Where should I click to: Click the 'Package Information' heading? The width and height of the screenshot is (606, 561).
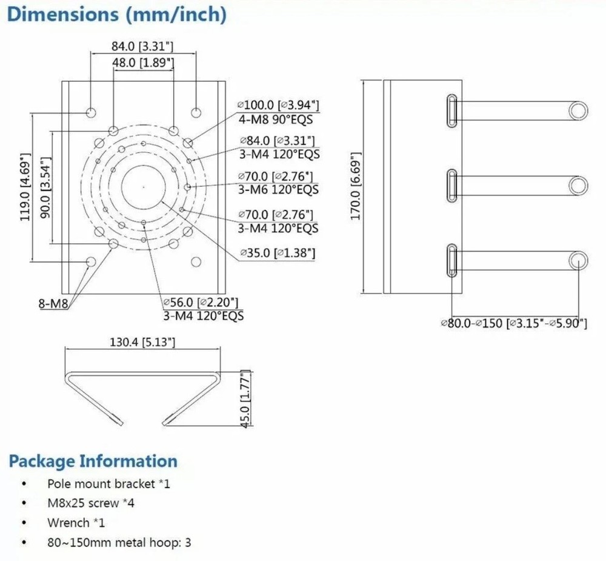[x=93, y=461]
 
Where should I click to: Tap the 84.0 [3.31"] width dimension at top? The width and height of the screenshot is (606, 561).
[x=143, y=46]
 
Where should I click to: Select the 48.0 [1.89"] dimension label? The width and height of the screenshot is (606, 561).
[x=144, y=62]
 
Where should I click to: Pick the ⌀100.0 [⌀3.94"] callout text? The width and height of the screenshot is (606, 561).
[x=278, y=106]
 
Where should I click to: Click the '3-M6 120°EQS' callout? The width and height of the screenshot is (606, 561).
[x=278, y=190]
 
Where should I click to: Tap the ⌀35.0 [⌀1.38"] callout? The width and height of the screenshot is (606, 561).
[x=277, y=252]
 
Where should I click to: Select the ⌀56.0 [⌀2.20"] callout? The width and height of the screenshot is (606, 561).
[x=200, y=302]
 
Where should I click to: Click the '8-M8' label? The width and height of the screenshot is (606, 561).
[x=54, y=304]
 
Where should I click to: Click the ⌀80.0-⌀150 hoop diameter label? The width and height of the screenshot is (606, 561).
[x=513, y=323]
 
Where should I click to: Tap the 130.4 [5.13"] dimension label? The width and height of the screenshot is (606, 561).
[x=142, y=343]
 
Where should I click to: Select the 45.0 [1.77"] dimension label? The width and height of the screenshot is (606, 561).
[x=245, y=400]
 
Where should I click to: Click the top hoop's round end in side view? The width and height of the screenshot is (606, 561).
[x=579, y=110]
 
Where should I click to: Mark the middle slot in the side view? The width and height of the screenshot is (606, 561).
[x=452, y=186]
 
